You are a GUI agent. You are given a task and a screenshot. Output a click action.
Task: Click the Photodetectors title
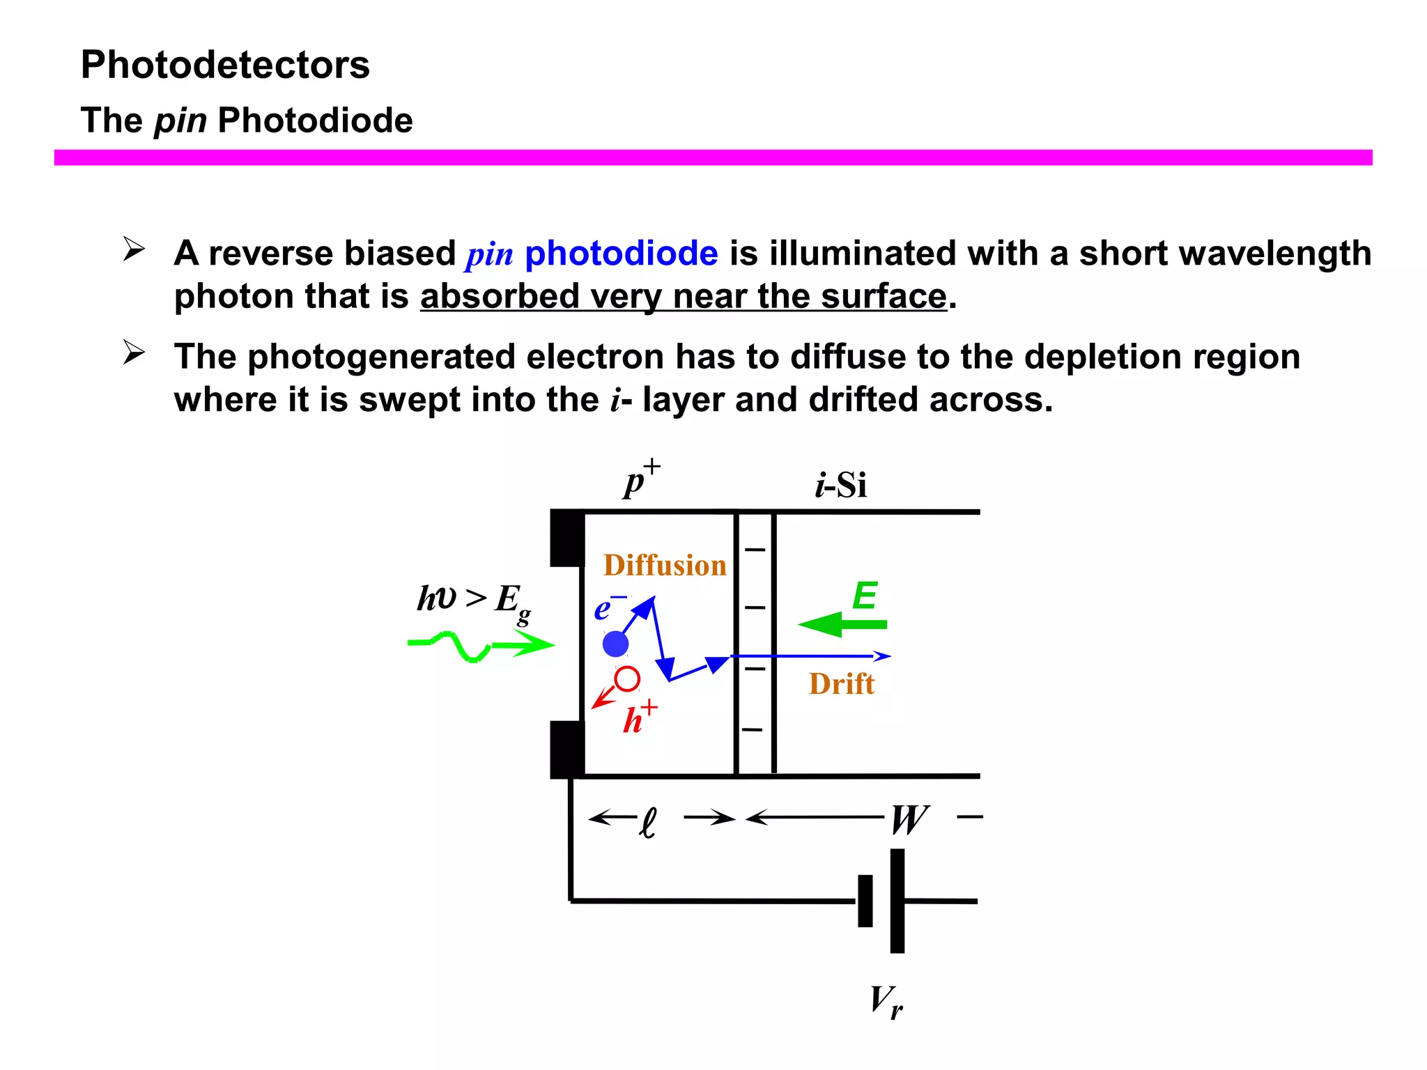[x=225, y=65]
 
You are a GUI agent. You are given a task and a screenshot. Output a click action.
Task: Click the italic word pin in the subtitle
[x=180, y=121]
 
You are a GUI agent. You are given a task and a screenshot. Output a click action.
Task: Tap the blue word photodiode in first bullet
[x=621, y=253]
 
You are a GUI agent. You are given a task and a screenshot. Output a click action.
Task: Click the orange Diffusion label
[x=665, y=565]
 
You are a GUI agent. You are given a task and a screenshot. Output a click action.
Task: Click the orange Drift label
[x=841, y=684]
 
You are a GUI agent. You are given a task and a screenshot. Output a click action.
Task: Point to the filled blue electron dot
[x=615, y=644]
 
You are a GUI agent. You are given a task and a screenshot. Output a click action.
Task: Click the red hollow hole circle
[x=627, y=679]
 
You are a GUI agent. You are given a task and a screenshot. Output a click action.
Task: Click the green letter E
[x=865, y=596]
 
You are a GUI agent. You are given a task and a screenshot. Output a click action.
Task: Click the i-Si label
[x=841, y=485]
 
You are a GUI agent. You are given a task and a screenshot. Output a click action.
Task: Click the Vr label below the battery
[x=886, y=1002]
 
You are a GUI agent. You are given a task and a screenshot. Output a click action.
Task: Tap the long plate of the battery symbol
[x=897, y=900]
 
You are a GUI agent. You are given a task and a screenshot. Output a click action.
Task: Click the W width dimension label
[x=909, y=819]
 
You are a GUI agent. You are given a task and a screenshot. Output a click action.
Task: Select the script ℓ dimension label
[x=648, y=823]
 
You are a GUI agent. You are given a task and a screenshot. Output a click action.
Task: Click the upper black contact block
[x=567, y=538]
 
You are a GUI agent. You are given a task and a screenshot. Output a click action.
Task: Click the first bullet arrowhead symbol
[x=133, y=249]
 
